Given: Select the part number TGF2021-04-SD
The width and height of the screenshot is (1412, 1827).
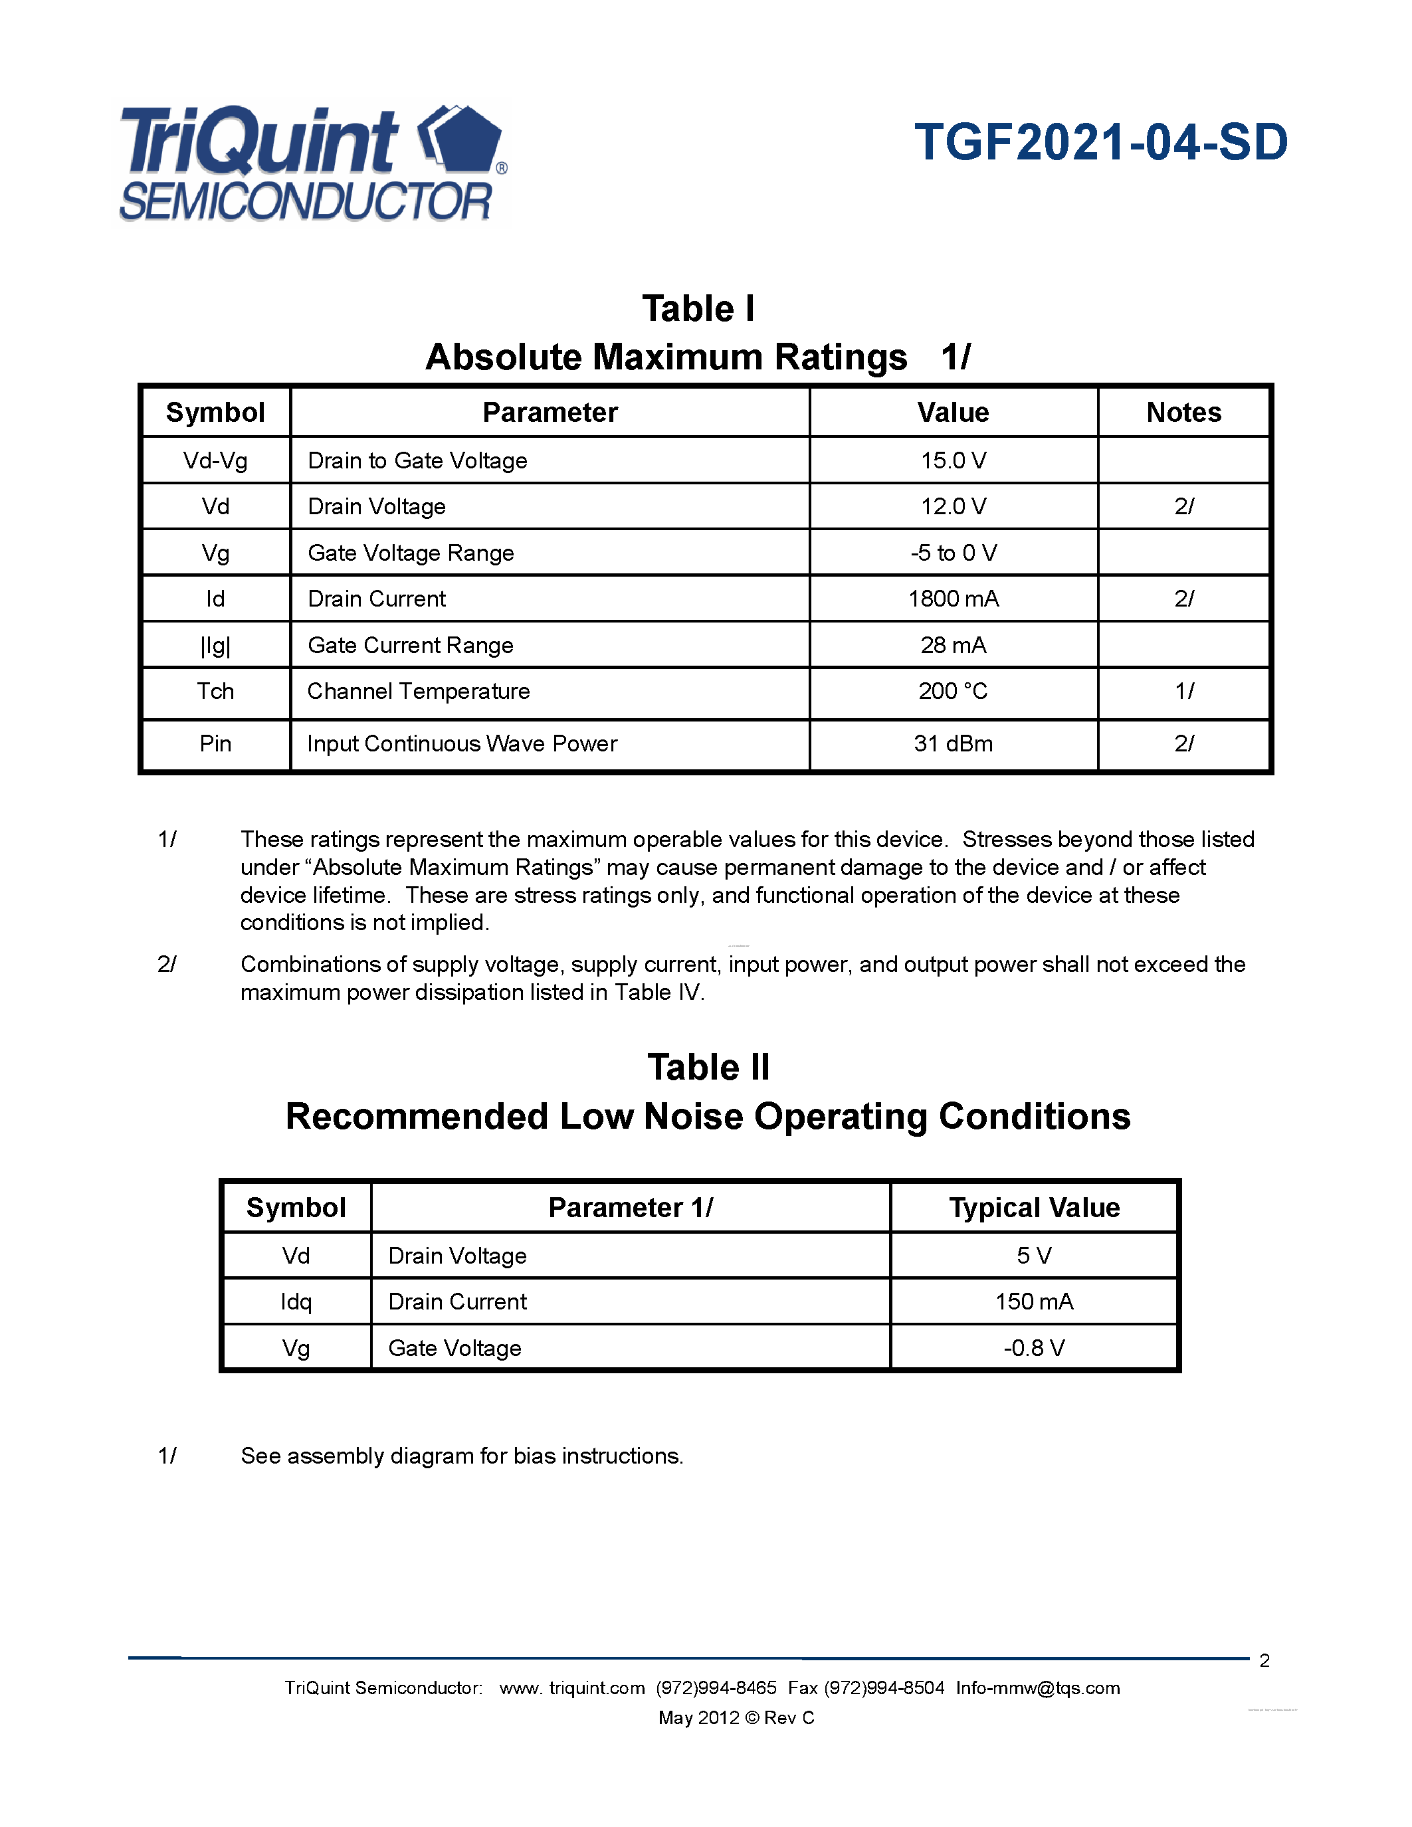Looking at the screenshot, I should click(x=1101, y=142).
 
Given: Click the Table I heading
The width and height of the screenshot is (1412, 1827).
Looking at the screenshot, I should click(x=698, y=309).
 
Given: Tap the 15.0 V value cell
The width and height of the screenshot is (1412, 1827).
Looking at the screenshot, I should click(x=953, y=460).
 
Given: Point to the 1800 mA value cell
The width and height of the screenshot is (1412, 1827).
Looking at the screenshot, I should click(x=953, y=599).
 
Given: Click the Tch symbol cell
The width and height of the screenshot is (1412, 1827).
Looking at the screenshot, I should click(x=215, y=691).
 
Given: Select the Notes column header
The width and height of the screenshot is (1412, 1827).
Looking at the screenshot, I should click(x=1183, y=413).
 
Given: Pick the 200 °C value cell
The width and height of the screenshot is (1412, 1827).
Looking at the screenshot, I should click(x=953, y=691).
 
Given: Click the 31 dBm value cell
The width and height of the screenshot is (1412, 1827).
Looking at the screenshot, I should click(x=953, y=743).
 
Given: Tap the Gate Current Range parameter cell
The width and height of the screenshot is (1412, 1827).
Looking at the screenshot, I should click(x=411, y=645).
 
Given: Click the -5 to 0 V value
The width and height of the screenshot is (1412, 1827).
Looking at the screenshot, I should click(x=953, y=553).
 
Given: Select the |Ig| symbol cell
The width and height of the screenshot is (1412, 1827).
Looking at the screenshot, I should click(x=215, y=645).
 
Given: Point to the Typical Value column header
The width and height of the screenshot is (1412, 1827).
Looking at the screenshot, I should click(x=1034, y=1207).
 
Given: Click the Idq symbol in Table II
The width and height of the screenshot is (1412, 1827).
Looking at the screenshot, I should click(x=296, y=1301).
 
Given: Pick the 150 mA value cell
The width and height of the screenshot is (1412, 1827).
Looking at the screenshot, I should click(x=1034, y=1301).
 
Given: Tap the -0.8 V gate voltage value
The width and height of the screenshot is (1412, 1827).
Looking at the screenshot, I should click(x=1034, y=1348).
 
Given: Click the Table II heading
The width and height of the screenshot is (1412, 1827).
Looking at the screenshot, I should click(x=708, y=1068).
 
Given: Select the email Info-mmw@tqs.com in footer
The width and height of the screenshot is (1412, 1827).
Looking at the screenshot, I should click(x=1037, y=1687).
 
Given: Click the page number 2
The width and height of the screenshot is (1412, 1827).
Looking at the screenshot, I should click(x=1264, y=1660).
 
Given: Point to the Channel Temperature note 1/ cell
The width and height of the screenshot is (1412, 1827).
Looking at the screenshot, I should click(x=1183, y=691).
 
